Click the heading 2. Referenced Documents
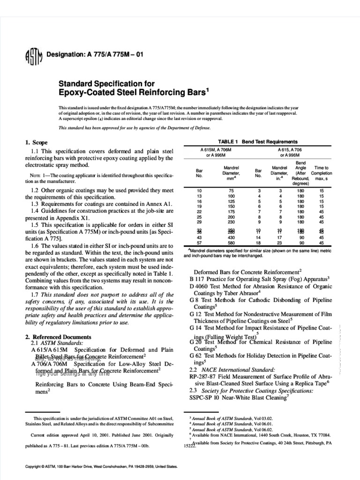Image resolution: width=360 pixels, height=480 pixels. pyautogui.click(x=58, y=337)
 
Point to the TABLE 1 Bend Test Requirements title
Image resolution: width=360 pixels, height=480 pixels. pyautogui.click(x=258, y=141)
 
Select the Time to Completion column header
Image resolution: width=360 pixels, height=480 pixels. pyautogui.click(x=321, y=173)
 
